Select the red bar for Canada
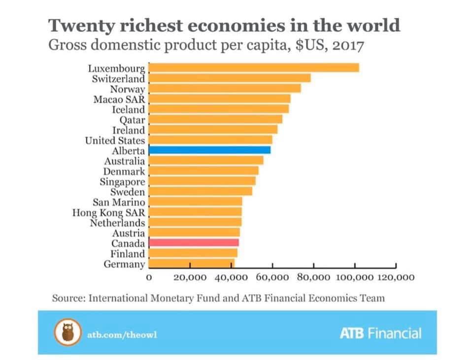coord(194,243)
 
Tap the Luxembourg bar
coord(254,68)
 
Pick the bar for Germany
coord(191,263)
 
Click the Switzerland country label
coord(118,78)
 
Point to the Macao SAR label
coord(119,99)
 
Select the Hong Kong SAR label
coord(108,213)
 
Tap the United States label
coord(115,141)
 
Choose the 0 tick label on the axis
coord(149,278)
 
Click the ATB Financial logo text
coord(380,333)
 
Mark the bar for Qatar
coord(215,119)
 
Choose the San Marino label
coord(119,202)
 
